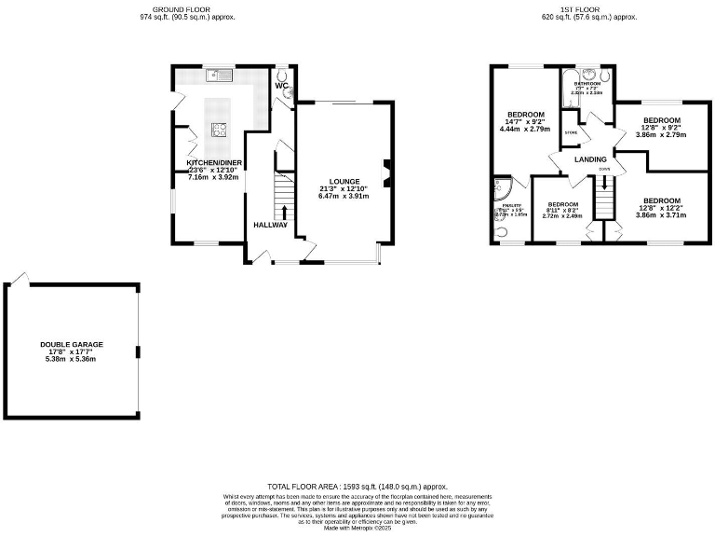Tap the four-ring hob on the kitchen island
[x=220, y=131]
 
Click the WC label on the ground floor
[x=281, y=86]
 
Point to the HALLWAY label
[x=271, y=225]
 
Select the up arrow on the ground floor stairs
[x=285, y=213]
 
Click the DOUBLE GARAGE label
[x=72, y=344]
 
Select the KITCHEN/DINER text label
[x=215, y=162]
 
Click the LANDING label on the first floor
[x=590, y=159]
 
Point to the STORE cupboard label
[x=571, y=133]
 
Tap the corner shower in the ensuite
[x=504, y=189]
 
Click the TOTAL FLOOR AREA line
[x=357, y=487]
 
